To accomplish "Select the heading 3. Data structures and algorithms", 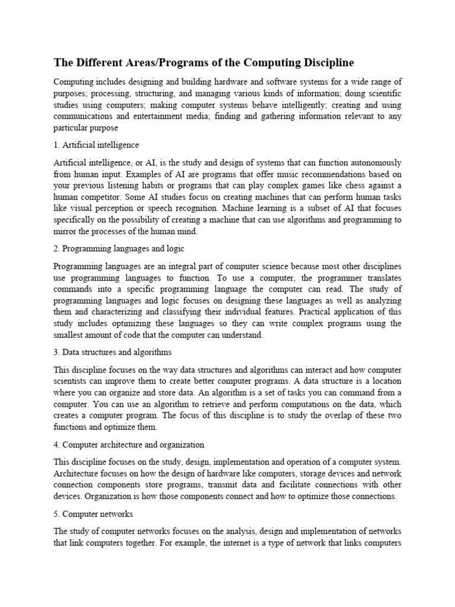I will [113, 353].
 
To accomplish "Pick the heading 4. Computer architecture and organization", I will [129, 445].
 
